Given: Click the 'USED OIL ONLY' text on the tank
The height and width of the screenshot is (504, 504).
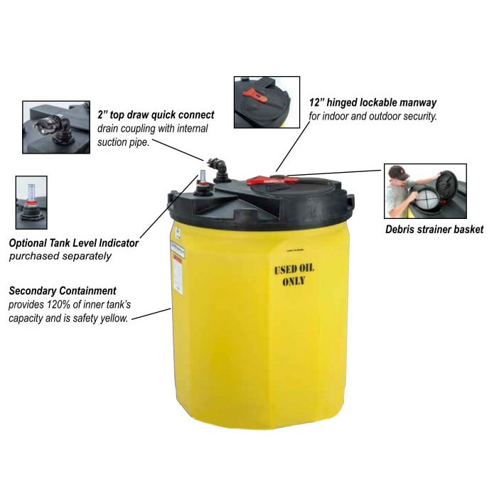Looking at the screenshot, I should (294, 274).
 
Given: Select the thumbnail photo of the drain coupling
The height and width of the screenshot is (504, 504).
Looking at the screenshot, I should (56, 127).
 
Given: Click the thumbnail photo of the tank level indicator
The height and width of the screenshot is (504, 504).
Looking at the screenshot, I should (31, 203).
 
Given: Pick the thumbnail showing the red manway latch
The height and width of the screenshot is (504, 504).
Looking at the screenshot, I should (267, 102).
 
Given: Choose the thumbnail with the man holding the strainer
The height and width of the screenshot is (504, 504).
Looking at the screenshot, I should (425, 191).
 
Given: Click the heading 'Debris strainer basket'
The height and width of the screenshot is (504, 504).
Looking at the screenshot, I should (434, 229).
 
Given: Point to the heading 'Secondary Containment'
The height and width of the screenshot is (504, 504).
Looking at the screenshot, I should (63, 291).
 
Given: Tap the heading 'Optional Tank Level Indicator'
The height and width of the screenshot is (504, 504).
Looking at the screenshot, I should (74, 243).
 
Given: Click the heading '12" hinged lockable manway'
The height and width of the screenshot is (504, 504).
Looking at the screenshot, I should (372, 103).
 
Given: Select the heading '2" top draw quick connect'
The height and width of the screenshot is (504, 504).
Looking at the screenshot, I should (155, 114).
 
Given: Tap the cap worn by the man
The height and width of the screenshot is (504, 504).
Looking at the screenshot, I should (400, 173).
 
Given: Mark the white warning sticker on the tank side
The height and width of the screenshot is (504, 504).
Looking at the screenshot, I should (177, 267).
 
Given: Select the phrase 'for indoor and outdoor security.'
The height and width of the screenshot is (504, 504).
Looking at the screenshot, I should (372, 116).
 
